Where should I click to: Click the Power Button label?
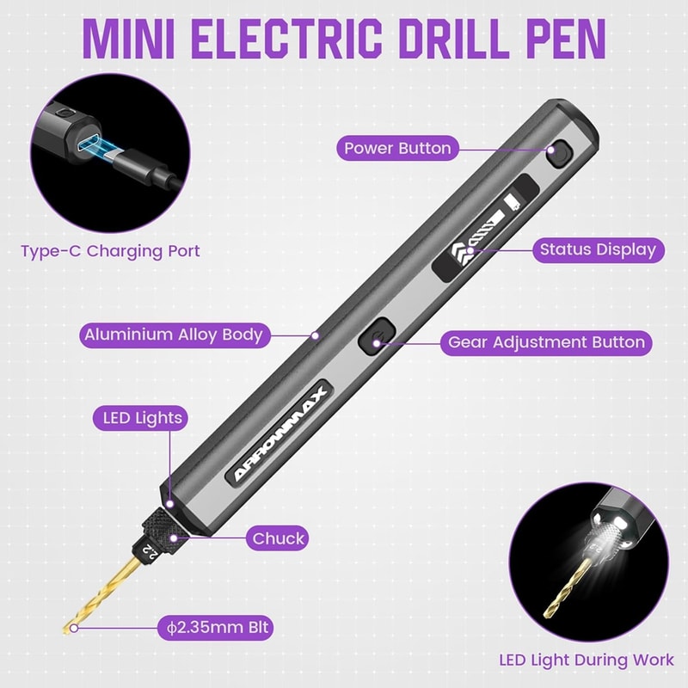(x=397, y=148)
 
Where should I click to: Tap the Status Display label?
(x=598, y=250)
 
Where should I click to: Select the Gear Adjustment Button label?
(x=546, y=342)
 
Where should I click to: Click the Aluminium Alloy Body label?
(x=173, y=335)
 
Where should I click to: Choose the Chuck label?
(x=278, y=539)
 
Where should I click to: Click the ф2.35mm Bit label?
(x=214, y=628)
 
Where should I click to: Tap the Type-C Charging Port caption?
(x=110, y=251)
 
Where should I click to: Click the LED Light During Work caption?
(x=587, y=660)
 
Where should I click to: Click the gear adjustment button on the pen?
(x=376, y=335)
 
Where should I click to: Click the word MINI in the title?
(x=129, y=38)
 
